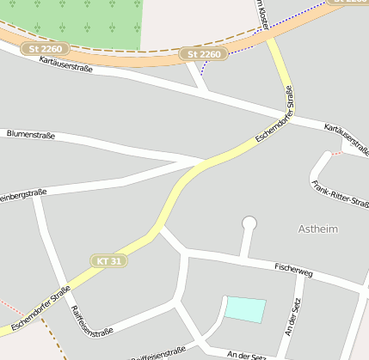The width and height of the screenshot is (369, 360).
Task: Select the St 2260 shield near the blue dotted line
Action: pos(204,54)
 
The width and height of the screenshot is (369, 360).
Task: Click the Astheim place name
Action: pos(317,229)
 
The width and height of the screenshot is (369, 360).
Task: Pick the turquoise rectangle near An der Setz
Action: pos(245,309)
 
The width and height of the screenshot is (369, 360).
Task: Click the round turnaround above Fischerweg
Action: pos(249,223)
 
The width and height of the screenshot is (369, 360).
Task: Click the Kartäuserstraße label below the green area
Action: pos(66,64)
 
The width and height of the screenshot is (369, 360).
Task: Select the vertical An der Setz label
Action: pos(290,314)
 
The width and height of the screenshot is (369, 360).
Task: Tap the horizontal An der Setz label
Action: pos(248,354)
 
